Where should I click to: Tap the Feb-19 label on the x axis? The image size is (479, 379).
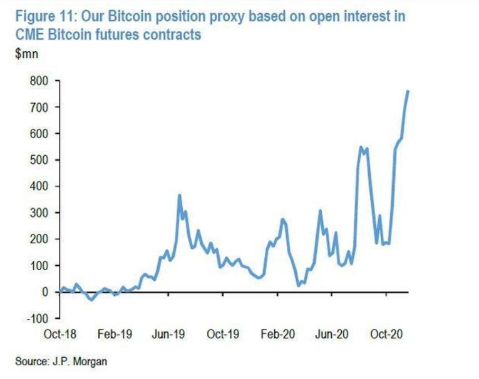tap(115, 334)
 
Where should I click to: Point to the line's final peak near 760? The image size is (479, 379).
tap(408, 91)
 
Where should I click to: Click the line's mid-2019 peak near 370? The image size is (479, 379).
tap(180, 196)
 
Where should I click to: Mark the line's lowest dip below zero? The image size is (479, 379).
tap(91, 300)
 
